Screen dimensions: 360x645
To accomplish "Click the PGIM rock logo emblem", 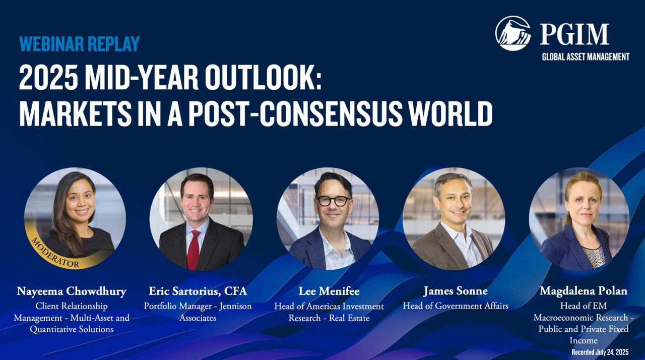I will (513, 33).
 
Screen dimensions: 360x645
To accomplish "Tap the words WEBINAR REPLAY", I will (80, 44).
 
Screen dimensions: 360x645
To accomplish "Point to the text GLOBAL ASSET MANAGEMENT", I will (586, 57).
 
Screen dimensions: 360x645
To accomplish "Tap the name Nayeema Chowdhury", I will (72, 291).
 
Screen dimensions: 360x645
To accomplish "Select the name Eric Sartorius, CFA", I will (198, 291).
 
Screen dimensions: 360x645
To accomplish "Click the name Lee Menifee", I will (329, 291).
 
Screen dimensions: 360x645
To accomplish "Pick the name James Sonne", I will (456, 291).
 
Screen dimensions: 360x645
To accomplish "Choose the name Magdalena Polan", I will (584, 291).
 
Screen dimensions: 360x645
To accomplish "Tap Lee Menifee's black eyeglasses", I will (333, 201).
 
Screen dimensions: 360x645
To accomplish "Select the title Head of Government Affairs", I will (456, 306).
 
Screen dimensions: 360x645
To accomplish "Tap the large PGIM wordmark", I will (574, 34).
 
